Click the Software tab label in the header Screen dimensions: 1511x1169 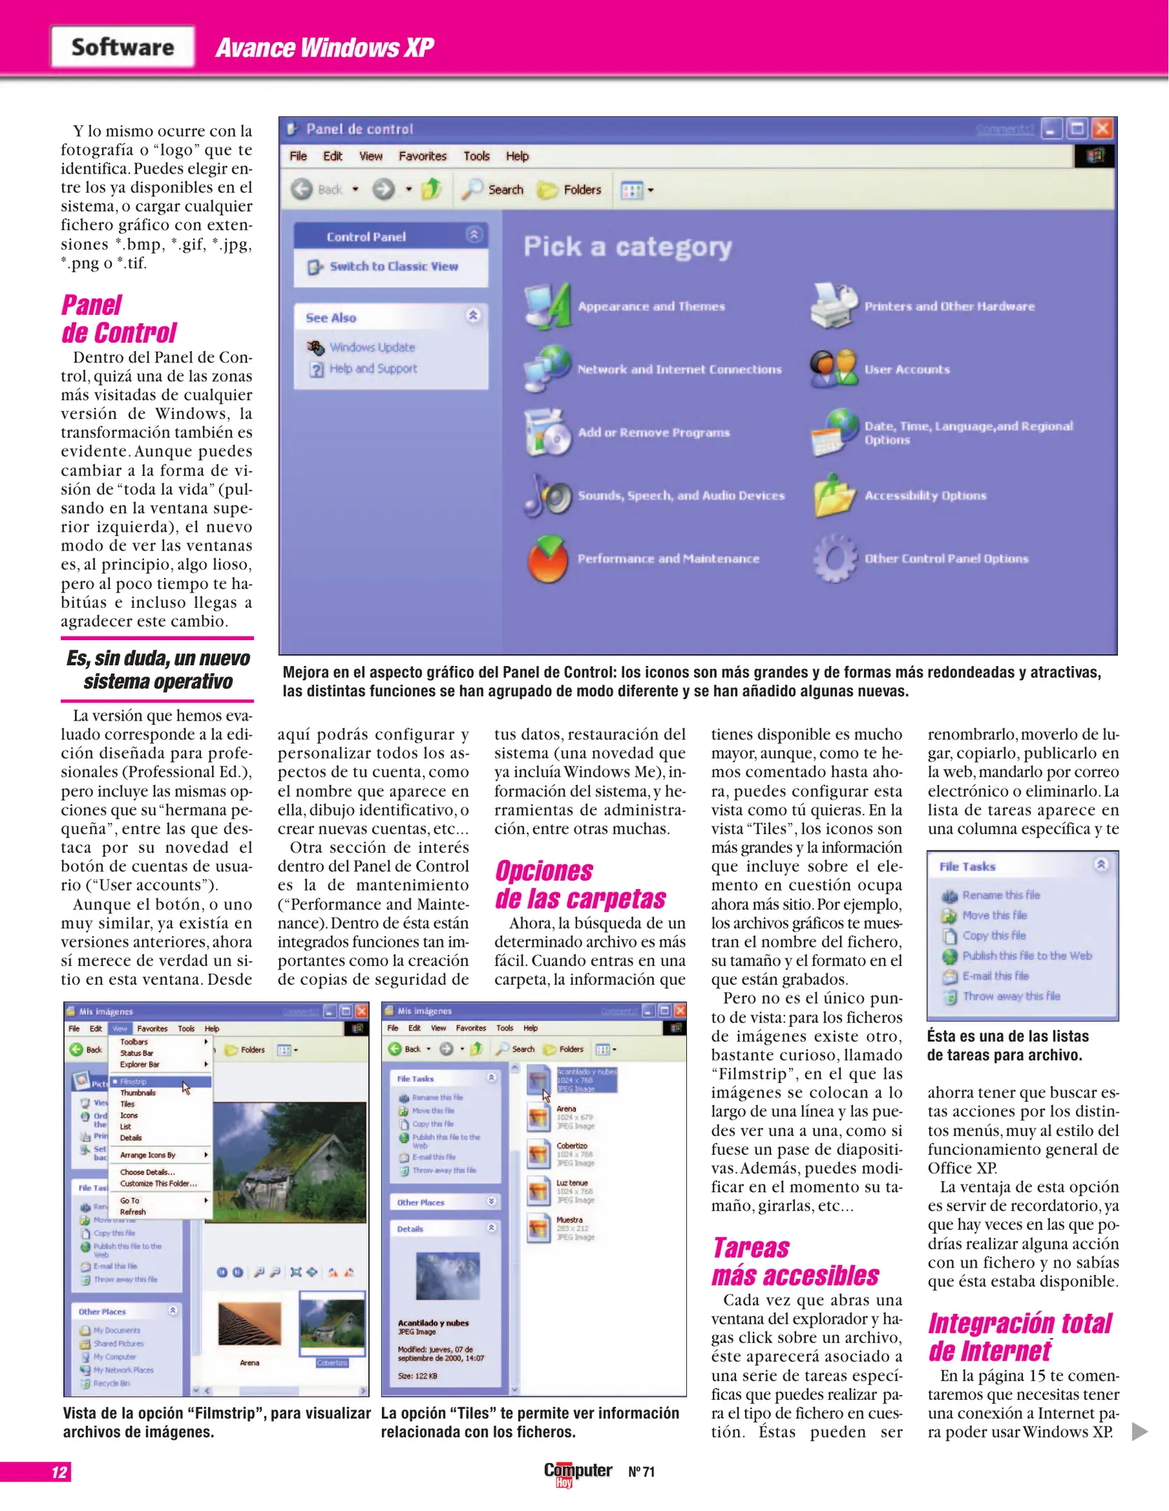[122, 47]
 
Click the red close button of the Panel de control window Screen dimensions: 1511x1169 [1103, 129]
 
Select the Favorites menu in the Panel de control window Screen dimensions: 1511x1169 [422, 156]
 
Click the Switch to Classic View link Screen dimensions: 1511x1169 [393, 267]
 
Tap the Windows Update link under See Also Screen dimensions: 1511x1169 [372, 347]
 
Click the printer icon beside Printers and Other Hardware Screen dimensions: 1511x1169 [833, 306]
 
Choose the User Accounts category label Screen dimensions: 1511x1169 [907, 369]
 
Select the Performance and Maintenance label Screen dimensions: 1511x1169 [668, 558]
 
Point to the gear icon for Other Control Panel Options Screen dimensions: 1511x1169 [834, 558]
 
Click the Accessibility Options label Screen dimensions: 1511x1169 [925, 495]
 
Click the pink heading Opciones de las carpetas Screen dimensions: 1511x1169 [580, 885]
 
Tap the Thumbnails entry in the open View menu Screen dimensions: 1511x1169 [138, 1093]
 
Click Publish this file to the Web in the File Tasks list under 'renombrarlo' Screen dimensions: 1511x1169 [1026, 956]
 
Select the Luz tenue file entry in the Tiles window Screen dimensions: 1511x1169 [572, 1186]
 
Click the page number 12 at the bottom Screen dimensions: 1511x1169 [59, 1472]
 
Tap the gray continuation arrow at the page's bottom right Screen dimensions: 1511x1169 [1139, 1431]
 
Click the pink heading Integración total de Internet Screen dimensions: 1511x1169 [1019, 1337]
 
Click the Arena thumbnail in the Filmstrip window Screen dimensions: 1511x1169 [249, 1326]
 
